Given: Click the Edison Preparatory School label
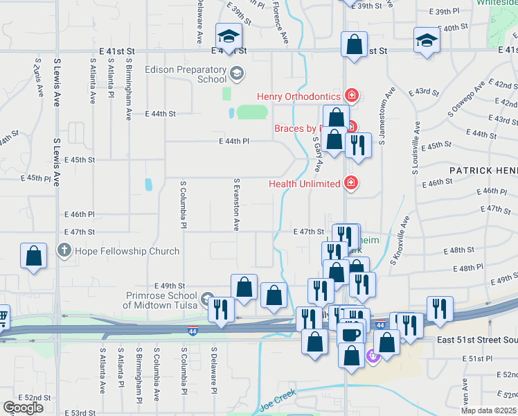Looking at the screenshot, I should tap(186, 74).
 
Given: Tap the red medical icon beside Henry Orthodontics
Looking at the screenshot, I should tap(352, 96).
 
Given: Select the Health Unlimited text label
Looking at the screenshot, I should tap(304, 183).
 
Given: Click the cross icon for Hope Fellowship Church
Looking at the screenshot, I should tap(64, 250).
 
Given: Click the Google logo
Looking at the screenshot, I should tap(23, 408).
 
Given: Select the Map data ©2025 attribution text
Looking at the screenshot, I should tap(488, 410).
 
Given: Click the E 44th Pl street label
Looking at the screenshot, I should tap(233, 141).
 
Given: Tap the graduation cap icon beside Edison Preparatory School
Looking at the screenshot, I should tap(237, 73).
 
